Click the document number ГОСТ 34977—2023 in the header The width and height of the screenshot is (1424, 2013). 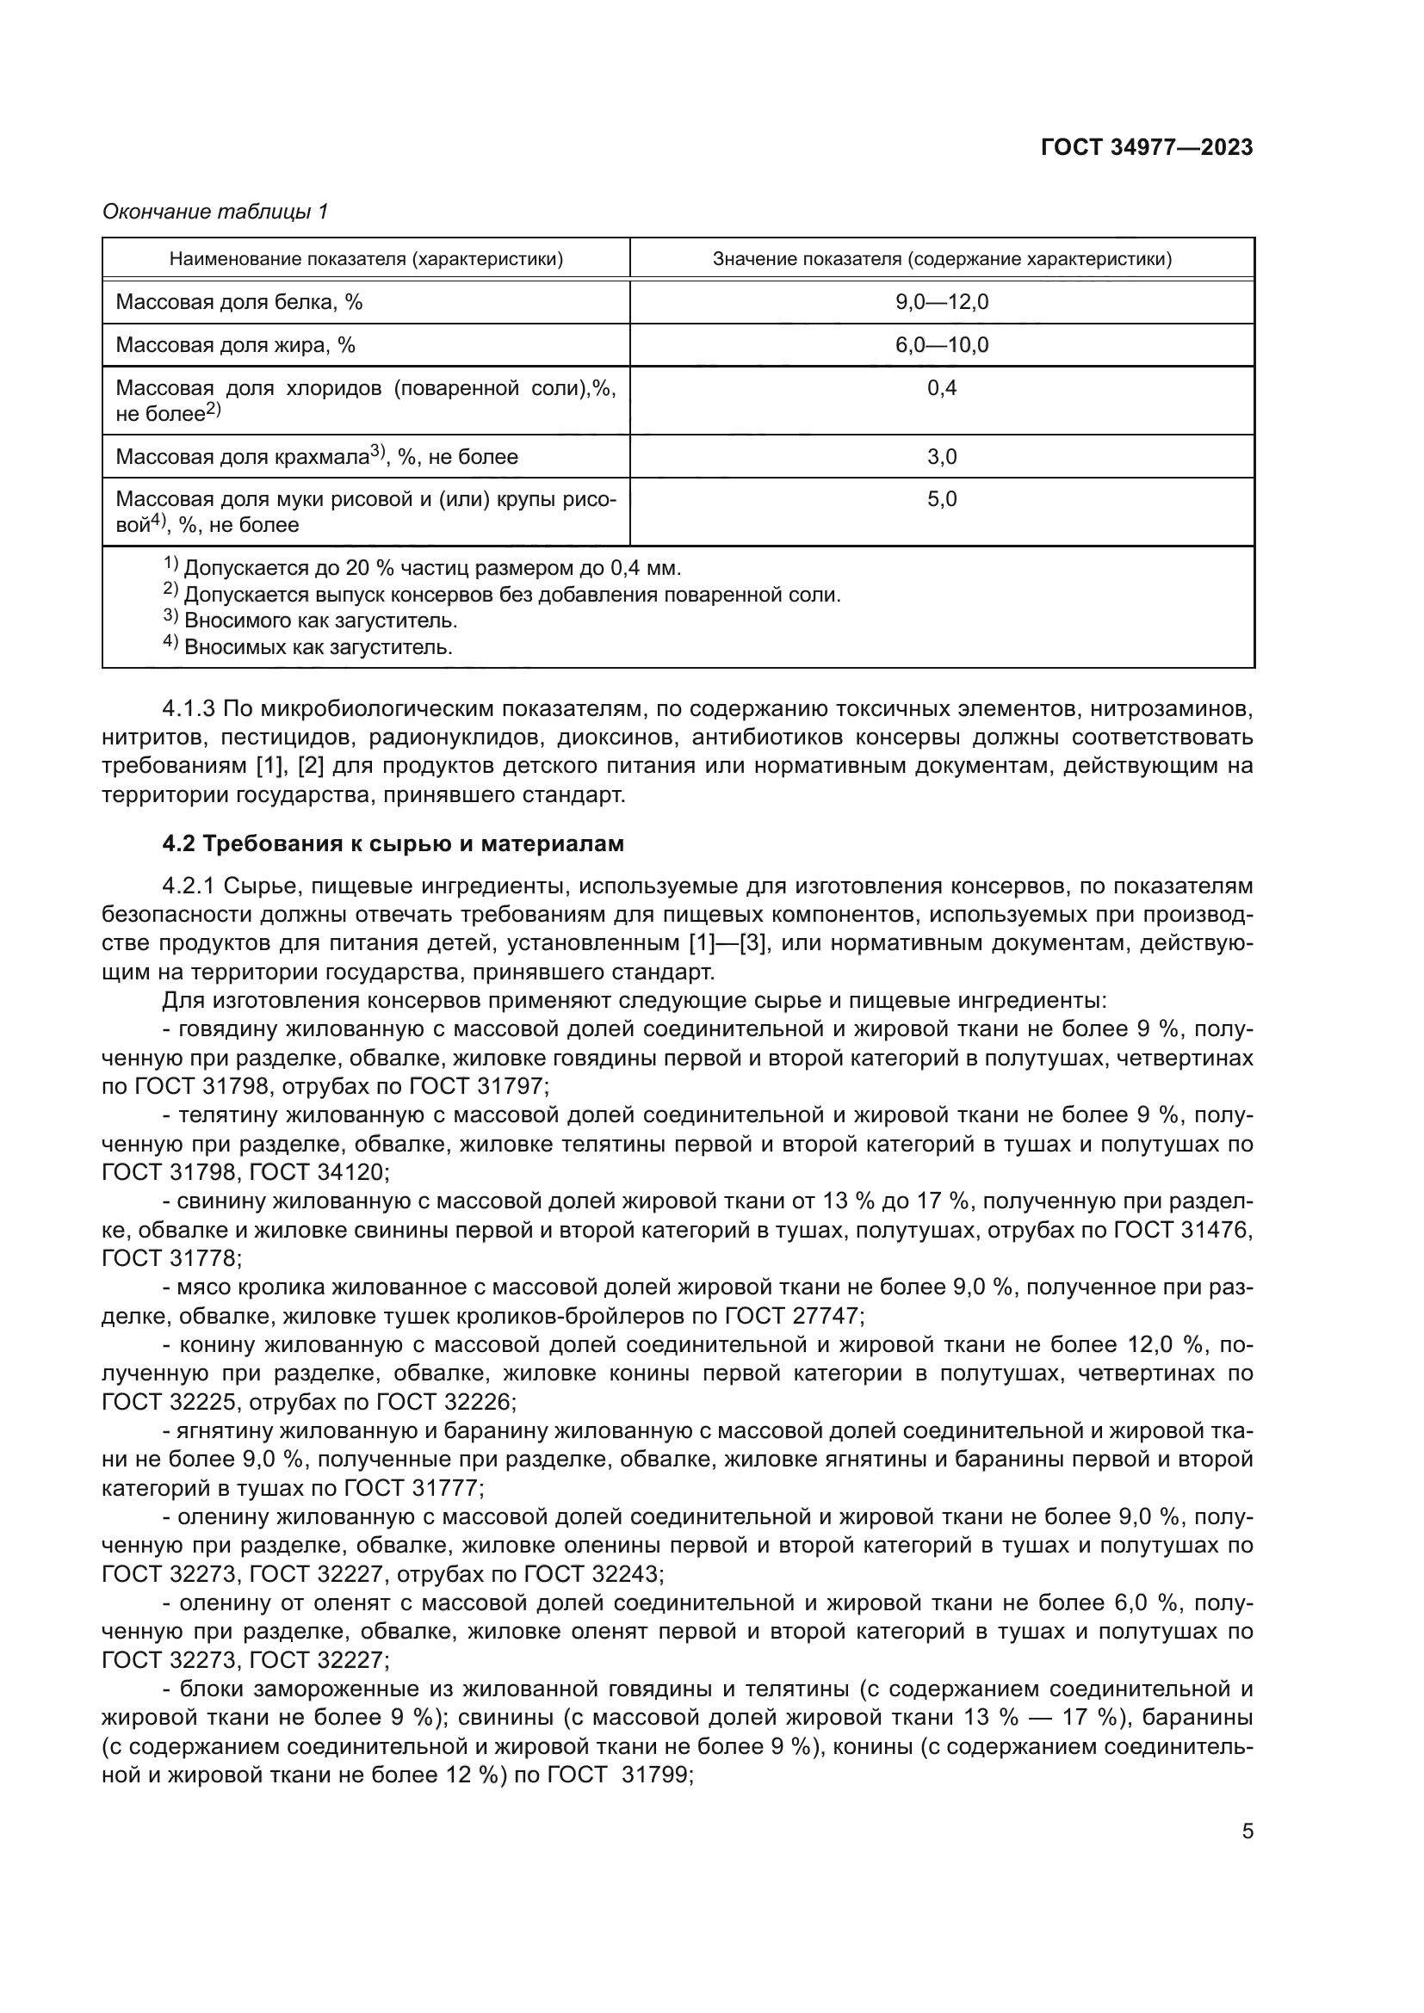tap(1146, 147)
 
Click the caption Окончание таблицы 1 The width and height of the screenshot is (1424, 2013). tap(215, 212)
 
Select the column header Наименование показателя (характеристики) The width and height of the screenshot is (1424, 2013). tap(366, 259)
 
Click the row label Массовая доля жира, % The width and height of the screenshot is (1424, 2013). tap(235, 344)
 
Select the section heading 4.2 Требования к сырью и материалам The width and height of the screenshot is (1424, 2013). tap(393, 843)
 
